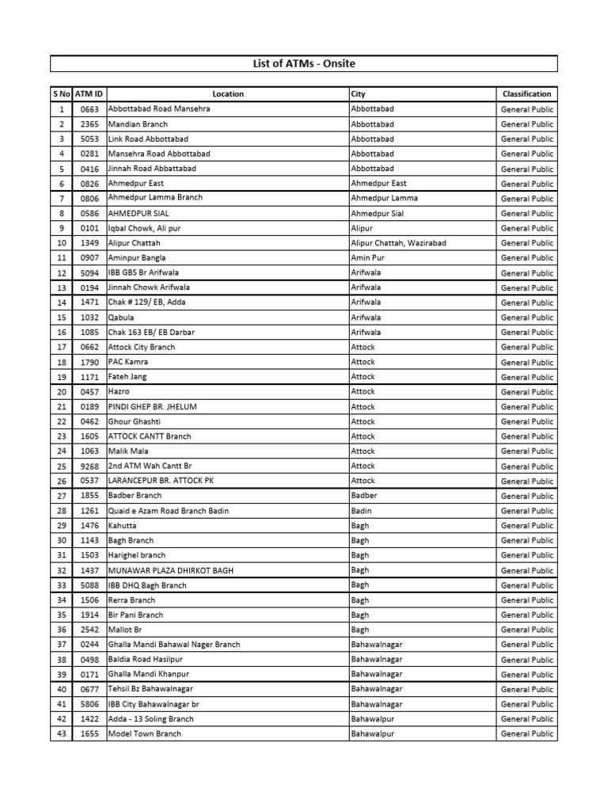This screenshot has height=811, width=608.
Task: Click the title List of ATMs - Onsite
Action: tap(304, 63)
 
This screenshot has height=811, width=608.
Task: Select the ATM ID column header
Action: tap(89, 94)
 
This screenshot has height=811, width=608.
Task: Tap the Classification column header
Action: tap(526, 94)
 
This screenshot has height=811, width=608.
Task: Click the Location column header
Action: tap(228, 94)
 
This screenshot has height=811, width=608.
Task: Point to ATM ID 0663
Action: tap(89, 109)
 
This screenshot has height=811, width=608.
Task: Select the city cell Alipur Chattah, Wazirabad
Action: tap(398, 243)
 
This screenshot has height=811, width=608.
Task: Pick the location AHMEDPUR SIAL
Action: tap(139, 213)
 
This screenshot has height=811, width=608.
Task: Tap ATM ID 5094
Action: tap(89, 272)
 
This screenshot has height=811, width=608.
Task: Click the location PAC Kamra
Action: tap(128, 362)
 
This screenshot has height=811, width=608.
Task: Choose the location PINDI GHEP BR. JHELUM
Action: tap(152, 406)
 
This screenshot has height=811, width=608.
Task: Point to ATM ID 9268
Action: tap(89, 466)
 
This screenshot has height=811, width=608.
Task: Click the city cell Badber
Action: tap(364, 496)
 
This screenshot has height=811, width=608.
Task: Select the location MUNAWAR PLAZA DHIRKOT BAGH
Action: tap(170, 570)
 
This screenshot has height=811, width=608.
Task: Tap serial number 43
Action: tap(61, 734)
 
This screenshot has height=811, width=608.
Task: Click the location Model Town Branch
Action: tap(144, 734)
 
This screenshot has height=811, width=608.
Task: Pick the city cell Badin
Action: tap(361, 511)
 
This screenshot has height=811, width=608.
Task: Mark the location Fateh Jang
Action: tap(127, 377)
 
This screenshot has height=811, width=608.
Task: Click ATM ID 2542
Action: tap(89, 630)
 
